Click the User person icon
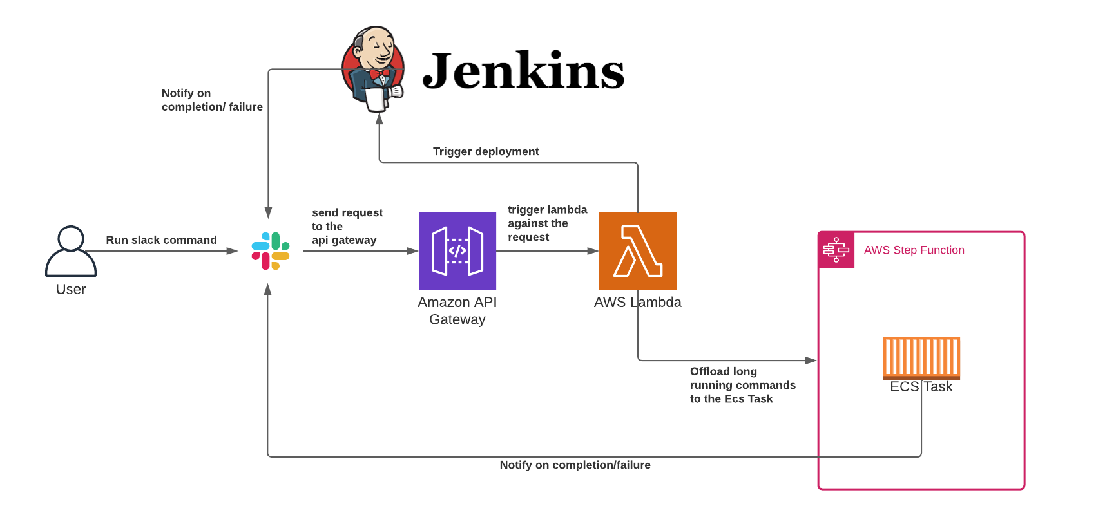(x=71, y=251)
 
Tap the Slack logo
(x=271, y=251)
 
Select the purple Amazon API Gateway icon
(x=457, y=251)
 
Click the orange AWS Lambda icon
(x=638, y=251)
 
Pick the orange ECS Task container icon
(x=921, y=357)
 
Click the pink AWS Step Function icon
(x=836, y=250)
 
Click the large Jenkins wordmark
(x=523, y=71)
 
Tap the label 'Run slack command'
(x=161, y=240)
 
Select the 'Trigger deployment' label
(x=486, y=151)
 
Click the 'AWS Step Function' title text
(x=914, y=250)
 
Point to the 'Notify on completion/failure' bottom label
(x=575, y=465)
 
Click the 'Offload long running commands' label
(x=742, y=385)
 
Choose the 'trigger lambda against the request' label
(x=547, y=223)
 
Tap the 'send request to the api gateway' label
(x=347, y=226)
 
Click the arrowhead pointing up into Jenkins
(x=380, y=119)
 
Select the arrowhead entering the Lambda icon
(x=593, y=251)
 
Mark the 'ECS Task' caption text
(x=921, y=386)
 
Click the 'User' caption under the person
(x=71, y=290)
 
